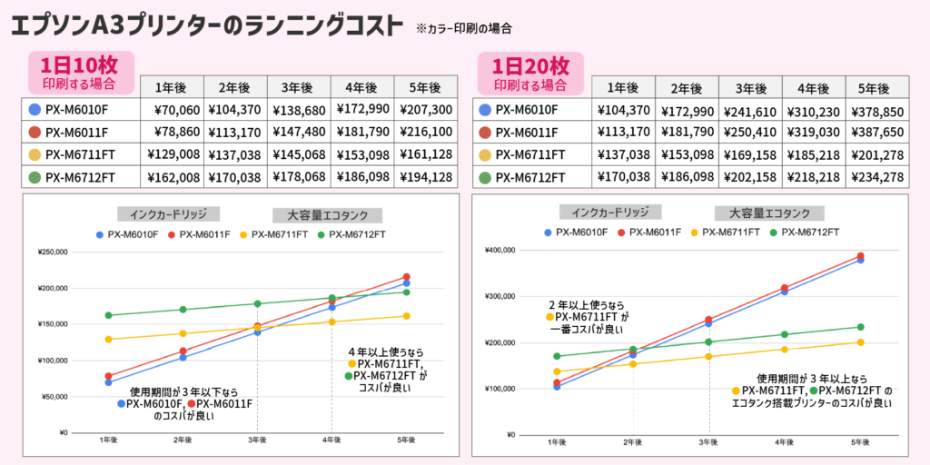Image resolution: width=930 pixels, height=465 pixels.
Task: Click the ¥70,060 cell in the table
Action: click(171, 110)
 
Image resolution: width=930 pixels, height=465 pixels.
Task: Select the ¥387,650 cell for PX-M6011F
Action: click(876, 133)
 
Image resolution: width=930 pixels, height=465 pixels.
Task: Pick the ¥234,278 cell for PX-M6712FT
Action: click(876, 177)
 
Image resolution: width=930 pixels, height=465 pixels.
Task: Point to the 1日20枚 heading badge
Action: click(530, 72)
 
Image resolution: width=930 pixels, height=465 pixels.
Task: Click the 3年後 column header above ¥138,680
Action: click(298, 87)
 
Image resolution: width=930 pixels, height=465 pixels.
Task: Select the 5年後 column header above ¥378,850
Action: click(876, 88)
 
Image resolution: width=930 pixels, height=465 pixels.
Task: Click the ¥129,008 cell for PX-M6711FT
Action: click(171, 154)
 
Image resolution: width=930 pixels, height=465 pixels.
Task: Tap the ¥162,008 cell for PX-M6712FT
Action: click(171, 177)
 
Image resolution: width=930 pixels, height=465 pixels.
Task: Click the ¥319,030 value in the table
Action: click(813, 133)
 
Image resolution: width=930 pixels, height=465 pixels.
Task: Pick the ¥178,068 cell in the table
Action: click(298, 177)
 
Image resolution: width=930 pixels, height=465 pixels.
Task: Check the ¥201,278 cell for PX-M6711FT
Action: click(876, 155)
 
